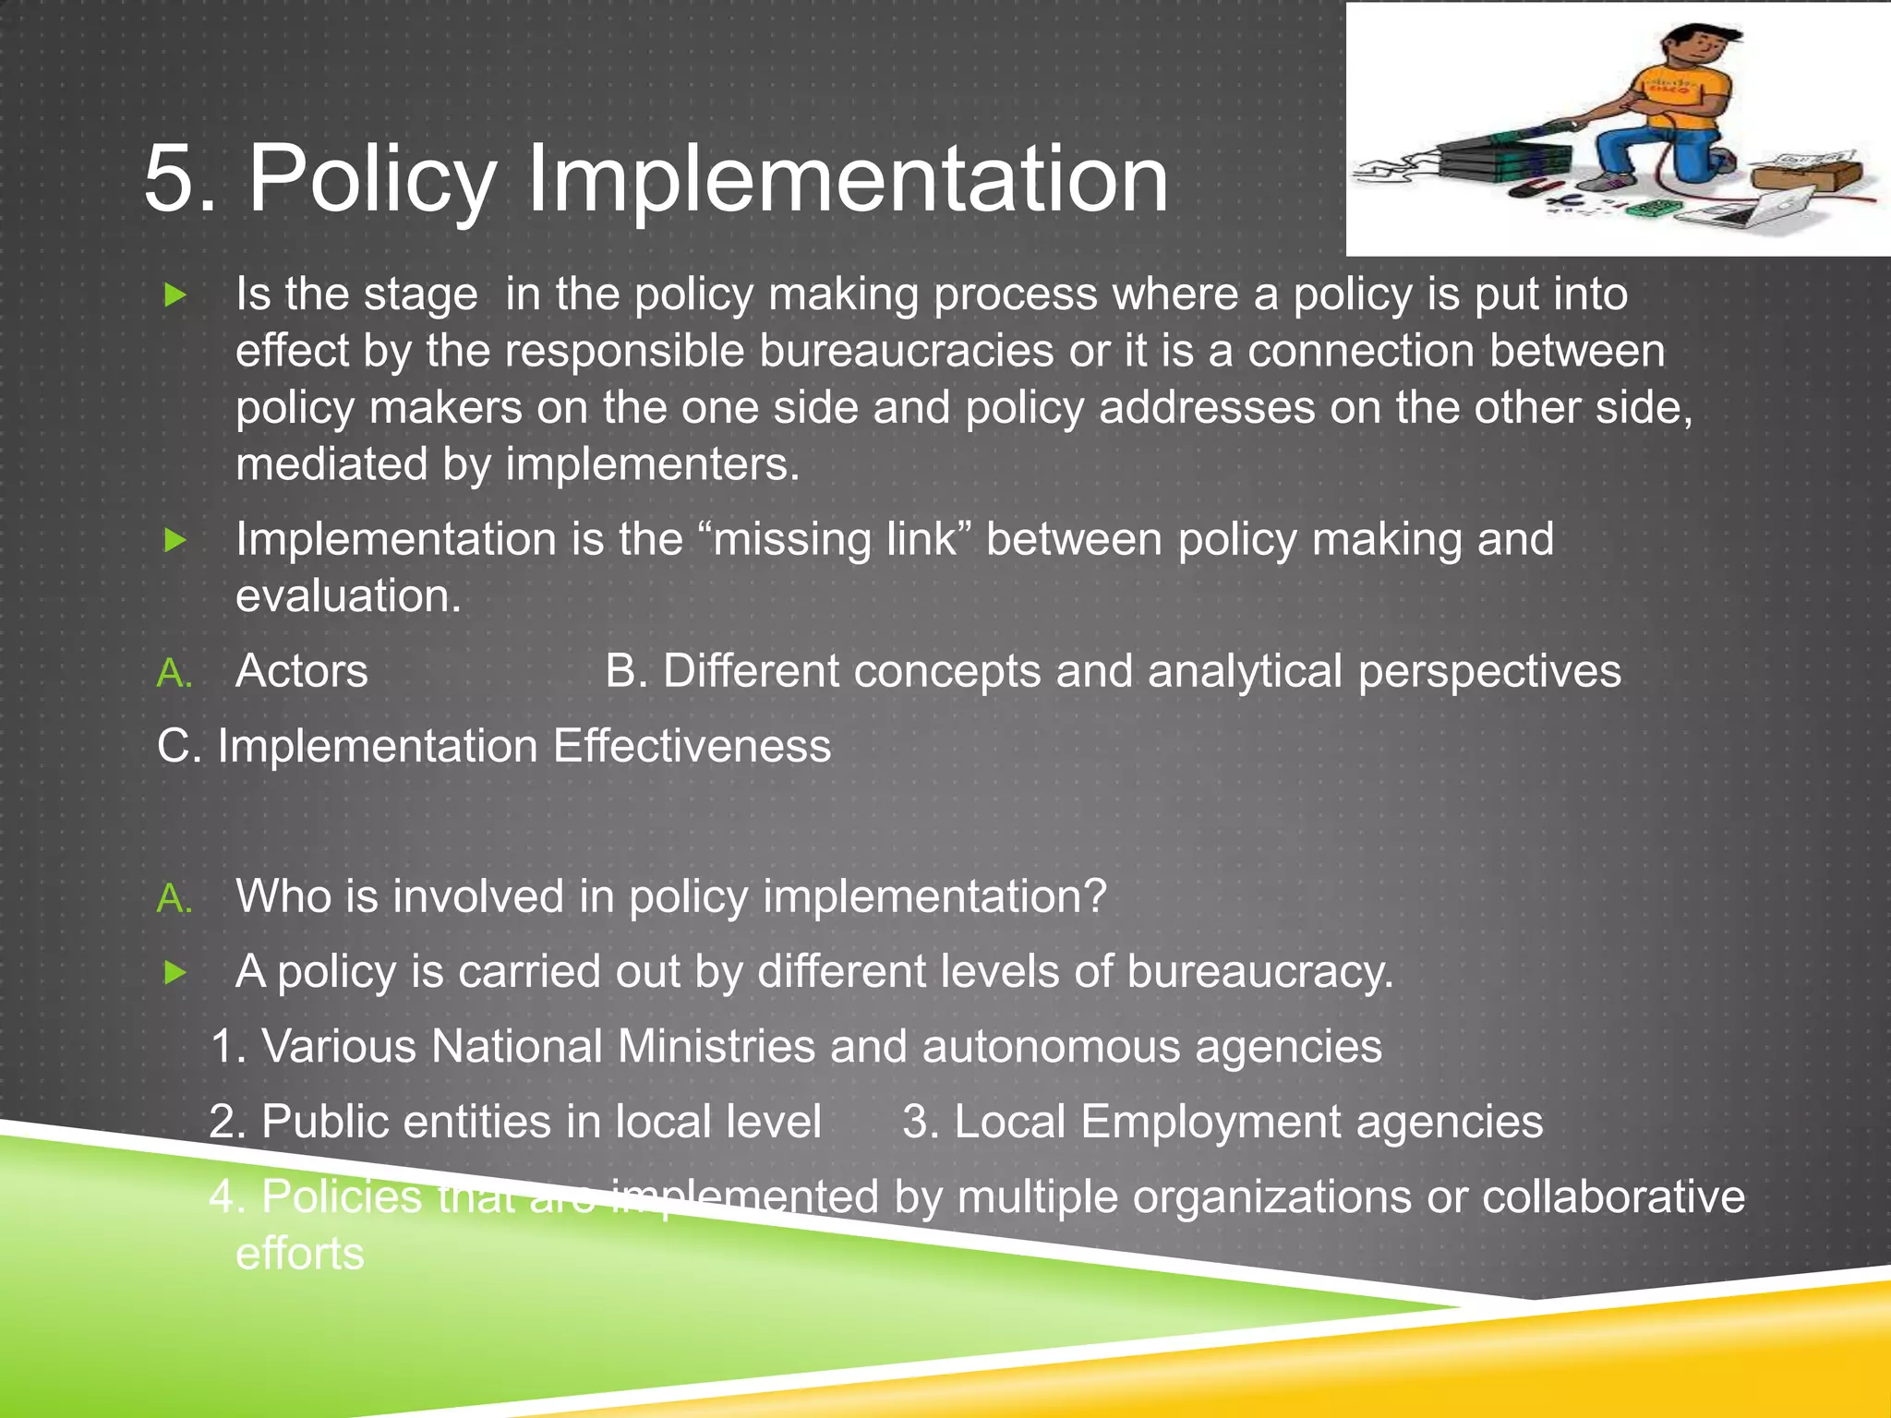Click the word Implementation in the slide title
tap(847, 179)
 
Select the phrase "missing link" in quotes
tap(837, 539)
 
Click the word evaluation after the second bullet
tap(347, 596)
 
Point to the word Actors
tap(302, 671)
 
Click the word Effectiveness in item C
tap(692, 746)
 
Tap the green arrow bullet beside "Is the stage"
tap(175, 295)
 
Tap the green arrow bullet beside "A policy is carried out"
tap(175, 972)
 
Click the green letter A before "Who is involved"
tap(174, 898)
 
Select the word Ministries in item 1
tap(717, 1047)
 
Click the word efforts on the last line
tap(300, 1255)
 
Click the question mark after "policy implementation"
tap(1095, 896)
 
